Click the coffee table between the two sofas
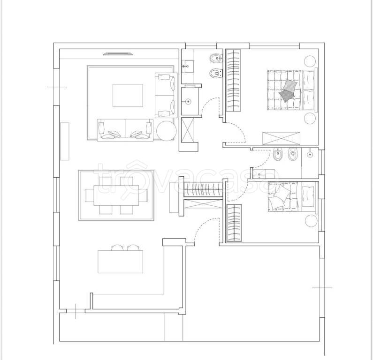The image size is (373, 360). point(128,95)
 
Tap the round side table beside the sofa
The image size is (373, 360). point(166,131)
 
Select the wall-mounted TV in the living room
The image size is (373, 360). point(118,54)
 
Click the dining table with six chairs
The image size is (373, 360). point(116,195)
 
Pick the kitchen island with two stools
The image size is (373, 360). point(121,262)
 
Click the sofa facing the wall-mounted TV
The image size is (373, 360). point(125,130)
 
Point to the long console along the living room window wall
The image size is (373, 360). point(65,142)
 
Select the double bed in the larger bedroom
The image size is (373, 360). point(292,90)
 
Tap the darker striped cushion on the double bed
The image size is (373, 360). point(287,96)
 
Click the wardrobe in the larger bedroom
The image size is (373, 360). point(233,80)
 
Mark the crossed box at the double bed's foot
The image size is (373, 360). point(281,138)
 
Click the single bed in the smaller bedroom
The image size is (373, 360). point(293,196)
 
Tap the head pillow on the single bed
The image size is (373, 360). point(308,196)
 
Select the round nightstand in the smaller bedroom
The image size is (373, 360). point(311,221)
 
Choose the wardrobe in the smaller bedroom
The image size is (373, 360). point(234,223)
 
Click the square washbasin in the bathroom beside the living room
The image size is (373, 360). point(188,66)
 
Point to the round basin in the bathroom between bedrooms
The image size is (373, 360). point(310,155)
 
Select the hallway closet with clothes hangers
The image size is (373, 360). point(203,190)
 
